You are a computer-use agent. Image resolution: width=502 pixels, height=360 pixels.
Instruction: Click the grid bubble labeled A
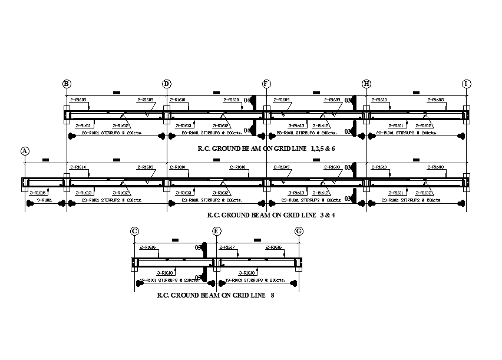pyautogui.click(x=25, y=151)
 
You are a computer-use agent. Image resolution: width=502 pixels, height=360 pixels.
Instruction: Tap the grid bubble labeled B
pyautogui.click(x=67, y=84)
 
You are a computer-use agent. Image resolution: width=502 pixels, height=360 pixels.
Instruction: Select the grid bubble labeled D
pyautogui.click(x=167, y=84)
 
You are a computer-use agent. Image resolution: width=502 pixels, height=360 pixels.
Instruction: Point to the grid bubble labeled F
pyautogui.click(x=266, y=84)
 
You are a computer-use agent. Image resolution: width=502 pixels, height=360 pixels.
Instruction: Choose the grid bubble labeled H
pyautogui.click(x=366, y=84)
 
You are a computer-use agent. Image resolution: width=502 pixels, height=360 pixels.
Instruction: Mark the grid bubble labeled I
pyautogui.click(x=466, y=84)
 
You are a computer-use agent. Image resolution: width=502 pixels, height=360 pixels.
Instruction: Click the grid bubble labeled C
pyautogui.click(x=135, y=231)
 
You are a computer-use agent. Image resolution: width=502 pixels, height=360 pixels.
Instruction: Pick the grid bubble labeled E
pyautogui.click(x=217, y=231)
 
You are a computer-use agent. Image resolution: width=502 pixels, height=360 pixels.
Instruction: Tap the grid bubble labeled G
pyautogui.click(x=299, y=231)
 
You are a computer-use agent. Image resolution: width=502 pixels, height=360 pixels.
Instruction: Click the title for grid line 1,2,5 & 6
pyautogui.click(x=267, y=148)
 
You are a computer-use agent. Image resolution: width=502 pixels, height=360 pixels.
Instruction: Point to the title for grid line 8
pyautogui.click(x=215, y=295)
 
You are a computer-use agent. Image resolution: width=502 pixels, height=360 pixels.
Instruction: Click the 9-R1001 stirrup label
pyautogui.click(x=44, y=201)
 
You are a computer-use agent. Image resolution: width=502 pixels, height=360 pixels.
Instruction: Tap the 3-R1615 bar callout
pyautogui.click(x=37, y=193)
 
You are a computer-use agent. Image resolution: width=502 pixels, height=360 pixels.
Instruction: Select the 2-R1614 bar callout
pyautogui.click(x=78, y=167)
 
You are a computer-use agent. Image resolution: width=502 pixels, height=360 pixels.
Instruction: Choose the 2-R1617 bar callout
pyautogui.click(x=227, y=247)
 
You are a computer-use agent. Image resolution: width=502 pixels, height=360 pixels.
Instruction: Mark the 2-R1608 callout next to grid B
pyautogui.click(x=78, y=100)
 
